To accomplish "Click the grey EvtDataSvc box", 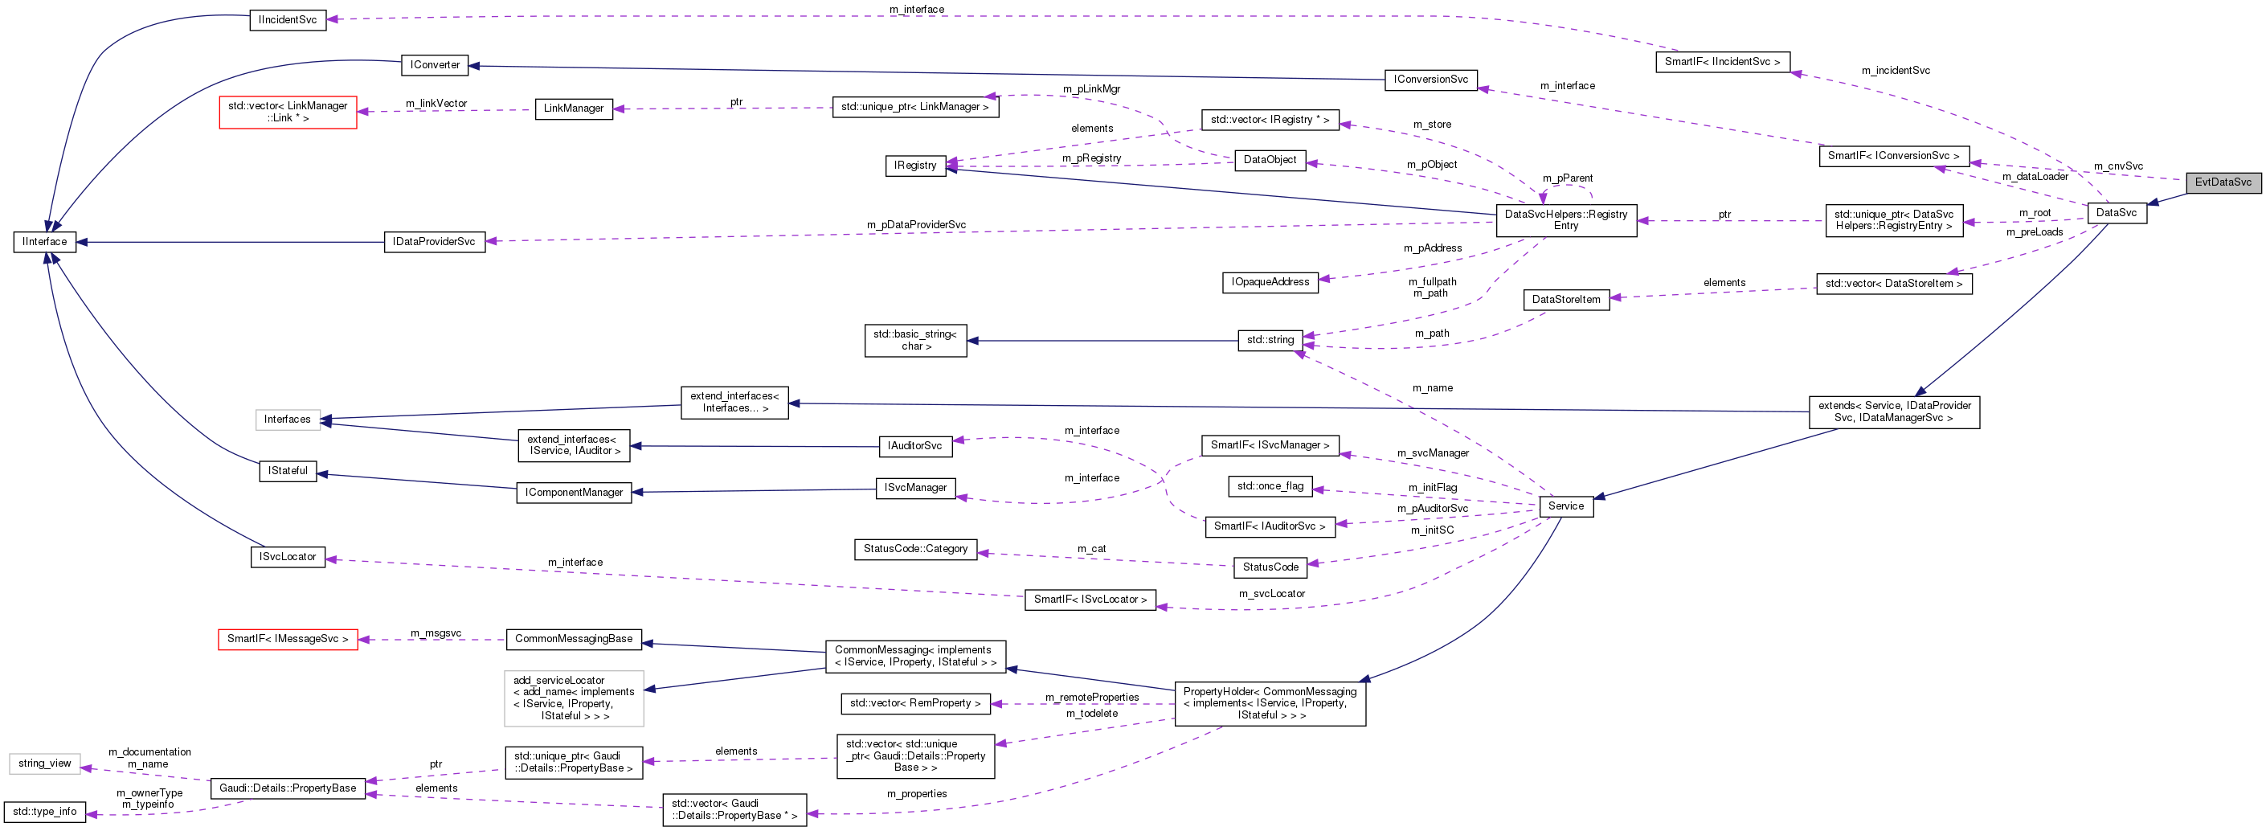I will [2222, 182].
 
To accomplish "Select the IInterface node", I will [44, 242].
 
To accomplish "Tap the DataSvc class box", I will [2116, 213].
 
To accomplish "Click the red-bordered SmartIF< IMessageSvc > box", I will [288, 639].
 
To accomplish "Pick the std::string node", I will [1270, 340].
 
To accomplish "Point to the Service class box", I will [1566, 506].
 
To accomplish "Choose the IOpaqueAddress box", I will [1270, 282].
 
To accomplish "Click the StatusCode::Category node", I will [915, 549].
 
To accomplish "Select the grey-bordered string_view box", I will [45, 763].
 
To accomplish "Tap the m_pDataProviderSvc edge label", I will [916, 225].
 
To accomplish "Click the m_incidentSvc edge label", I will [1896, 71].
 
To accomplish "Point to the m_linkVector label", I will [436, 104].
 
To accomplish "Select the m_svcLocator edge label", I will [1272, 594].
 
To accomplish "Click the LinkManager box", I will [574, 109].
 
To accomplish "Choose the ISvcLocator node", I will [288, 558].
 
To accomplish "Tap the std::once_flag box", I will [1270, 486].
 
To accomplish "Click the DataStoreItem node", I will [1566, 300].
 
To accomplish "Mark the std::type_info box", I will [45, 812].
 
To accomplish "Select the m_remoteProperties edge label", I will [1092, 698].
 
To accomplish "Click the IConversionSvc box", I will [1430, 79].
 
